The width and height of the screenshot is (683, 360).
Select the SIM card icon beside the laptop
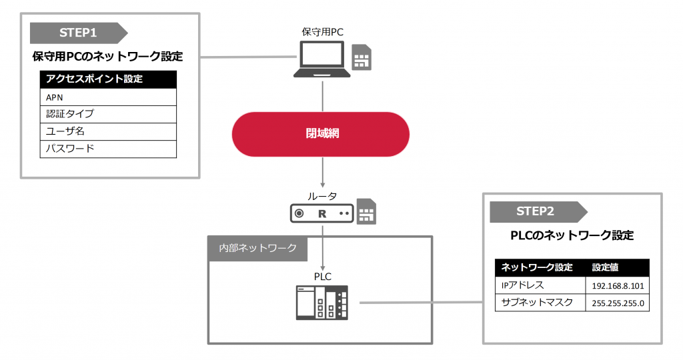tap(362, 59)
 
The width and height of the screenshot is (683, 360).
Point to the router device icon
tap(321, 214)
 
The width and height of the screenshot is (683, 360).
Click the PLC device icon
tap(322, 302)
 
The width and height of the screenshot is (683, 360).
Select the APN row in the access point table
tap(108, 97)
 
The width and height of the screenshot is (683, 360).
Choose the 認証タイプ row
tap(108, 114)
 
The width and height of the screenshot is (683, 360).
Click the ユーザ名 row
tap(108, 131)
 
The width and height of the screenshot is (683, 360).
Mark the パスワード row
tap(108, 149)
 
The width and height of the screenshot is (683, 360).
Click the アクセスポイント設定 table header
tap(108, 79)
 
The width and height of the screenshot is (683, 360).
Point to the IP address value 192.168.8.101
tap(616, 286)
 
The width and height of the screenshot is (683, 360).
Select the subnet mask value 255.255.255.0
tap(616, 303)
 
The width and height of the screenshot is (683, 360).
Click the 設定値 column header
tap(606, 268)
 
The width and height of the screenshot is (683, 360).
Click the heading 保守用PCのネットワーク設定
tap(107, 57)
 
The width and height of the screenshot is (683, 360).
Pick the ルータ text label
tap(321, 195)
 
